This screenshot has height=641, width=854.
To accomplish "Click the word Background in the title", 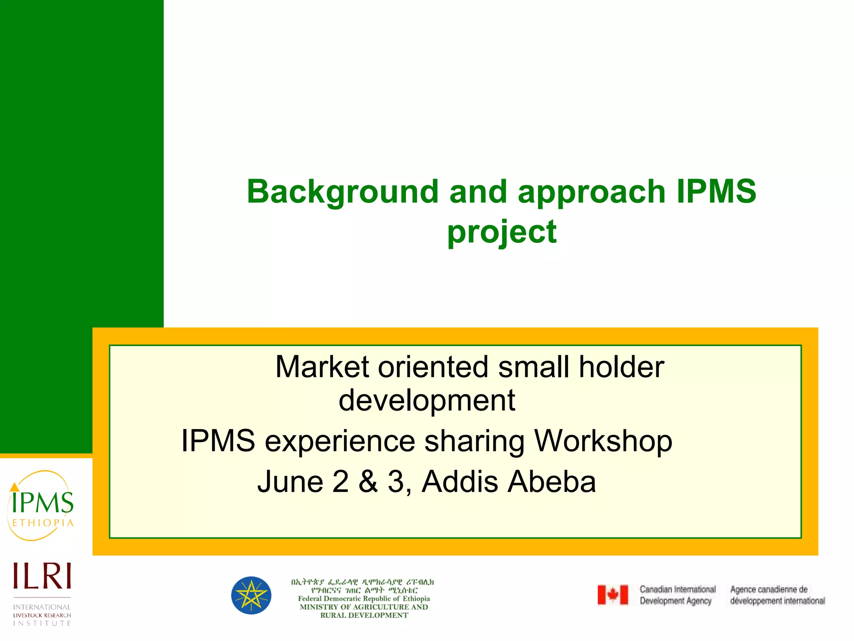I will coord(342,192).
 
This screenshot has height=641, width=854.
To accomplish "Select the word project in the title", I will coord(502,232).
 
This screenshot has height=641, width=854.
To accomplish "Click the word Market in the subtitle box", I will coord(322,367).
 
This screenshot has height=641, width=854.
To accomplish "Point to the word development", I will coord(427,400).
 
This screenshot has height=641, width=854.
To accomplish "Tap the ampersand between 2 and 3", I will coord(368,482).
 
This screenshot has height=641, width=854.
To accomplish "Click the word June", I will coord(290,482).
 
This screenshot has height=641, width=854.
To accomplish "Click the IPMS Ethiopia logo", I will coord(41,506).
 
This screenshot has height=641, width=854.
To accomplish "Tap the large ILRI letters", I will coord(42,576).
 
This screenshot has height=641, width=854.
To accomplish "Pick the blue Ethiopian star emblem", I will coord(251,596).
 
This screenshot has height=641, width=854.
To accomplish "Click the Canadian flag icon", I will coord(613,595).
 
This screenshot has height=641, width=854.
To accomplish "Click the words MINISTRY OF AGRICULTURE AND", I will coord(364,607).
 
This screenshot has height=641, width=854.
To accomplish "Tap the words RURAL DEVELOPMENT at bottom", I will coord(364,616).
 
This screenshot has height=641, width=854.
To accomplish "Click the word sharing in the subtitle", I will coord(474,441).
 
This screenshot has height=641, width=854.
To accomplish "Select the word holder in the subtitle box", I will coord(621,367).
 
